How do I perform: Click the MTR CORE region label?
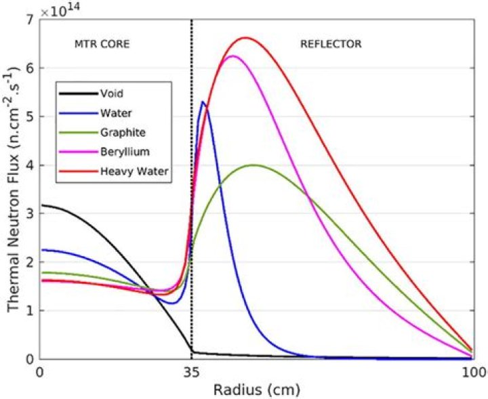click(x=102, y=45)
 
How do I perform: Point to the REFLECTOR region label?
click(x=331, y=45)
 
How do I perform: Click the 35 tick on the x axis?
click(x=192, y=372)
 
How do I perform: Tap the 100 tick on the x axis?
click(x=476, y=372)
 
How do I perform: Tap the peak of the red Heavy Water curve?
click(x=245, y=38)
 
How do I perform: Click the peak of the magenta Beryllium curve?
click(x=232, y=56)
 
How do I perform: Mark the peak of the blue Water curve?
click(x=203, y=102)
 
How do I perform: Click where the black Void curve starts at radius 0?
click(x=41, y=205)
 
